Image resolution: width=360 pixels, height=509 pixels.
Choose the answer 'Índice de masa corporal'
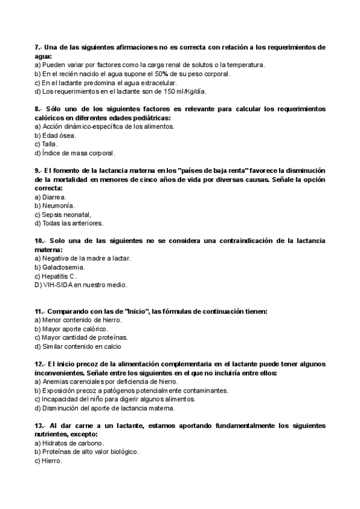coord(77,154)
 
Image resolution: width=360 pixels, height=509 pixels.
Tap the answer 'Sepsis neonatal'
coord(66,214)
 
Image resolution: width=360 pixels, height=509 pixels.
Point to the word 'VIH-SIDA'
coord(58,285)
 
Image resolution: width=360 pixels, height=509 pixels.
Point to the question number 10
coord(40,241)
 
